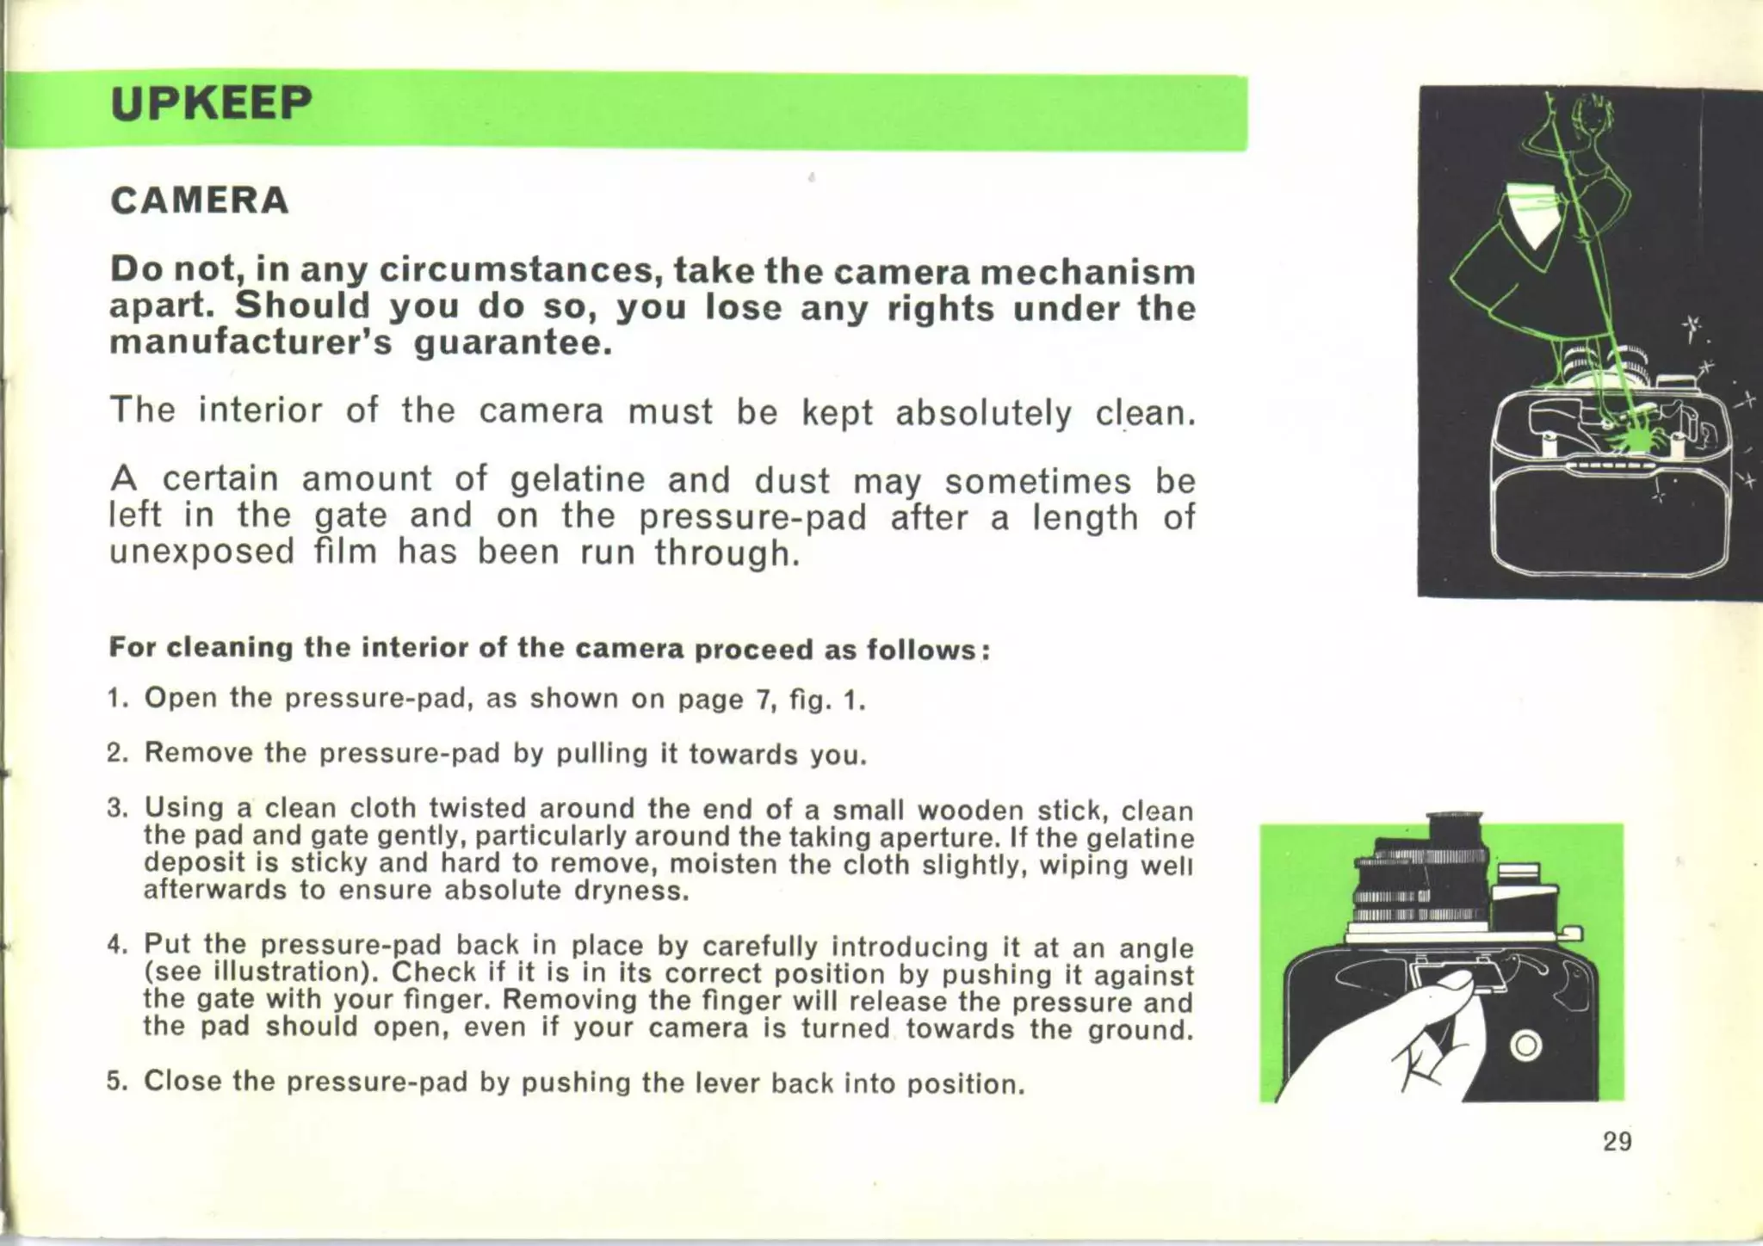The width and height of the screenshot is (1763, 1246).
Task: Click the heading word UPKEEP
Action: (211, 103)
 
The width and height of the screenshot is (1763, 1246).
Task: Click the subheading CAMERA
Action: (200, 200)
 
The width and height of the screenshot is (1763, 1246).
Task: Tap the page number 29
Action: (1617, 1142)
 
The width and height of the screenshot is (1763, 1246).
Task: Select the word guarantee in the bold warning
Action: (513, 343)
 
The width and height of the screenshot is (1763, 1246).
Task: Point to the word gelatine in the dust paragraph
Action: (577, 479)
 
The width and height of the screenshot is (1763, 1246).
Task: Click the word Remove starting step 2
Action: (199, 753)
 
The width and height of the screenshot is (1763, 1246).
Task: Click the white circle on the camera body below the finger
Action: (1525, 1046)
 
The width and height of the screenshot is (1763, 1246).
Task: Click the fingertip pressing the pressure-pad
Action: (1455, 983)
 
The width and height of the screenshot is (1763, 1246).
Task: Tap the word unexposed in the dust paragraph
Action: (201, 552)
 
